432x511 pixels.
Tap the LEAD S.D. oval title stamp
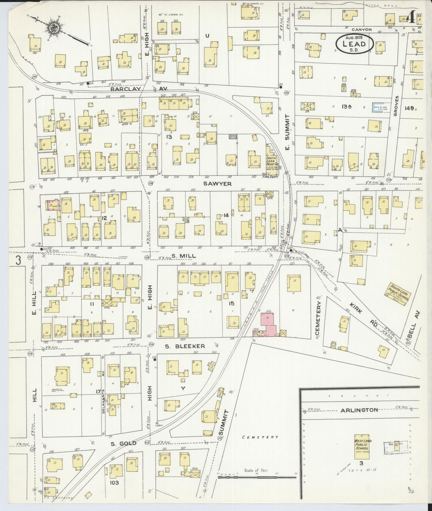click(x=354, y=44)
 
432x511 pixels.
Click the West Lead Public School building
click(x=363, y=448)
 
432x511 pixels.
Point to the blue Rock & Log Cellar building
click(x=379, y=107)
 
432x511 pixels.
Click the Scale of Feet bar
click(x=257, y=477)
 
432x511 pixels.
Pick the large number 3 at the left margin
click(x=18, y=260)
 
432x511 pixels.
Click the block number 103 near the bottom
click(x=115, y=483)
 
